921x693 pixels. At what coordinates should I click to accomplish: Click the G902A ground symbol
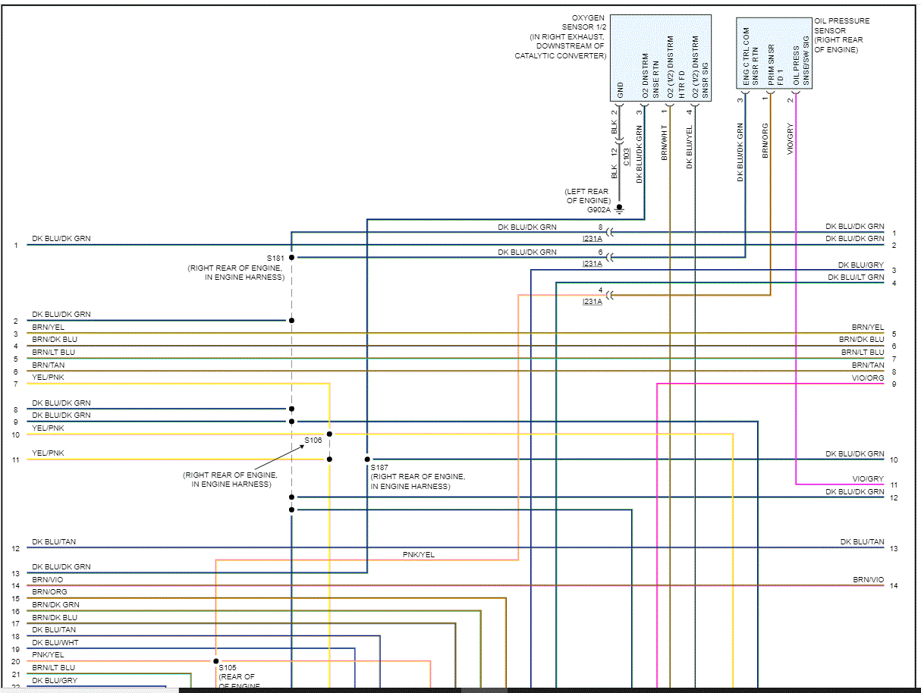(619, 208)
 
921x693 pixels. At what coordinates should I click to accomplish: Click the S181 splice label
(275, 258)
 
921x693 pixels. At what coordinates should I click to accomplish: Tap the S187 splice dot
(367, 459)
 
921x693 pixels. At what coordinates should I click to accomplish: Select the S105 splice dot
(215, 661)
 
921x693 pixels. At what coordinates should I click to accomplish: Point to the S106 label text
(313, 440)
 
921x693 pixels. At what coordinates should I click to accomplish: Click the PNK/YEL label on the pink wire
(418, 555)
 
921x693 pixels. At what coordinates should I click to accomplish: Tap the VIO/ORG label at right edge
(868, 378)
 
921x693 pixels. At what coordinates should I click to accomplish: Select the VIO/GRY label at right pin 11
(868, 479)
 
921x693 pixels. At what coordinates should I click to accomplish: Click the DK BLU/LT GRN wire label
(856, 278)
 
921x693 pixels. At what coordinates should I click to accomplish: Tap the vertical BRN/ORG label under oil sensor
(765, 140)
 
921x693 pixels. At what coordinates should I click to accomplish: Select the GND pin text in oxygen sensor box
(620, 89)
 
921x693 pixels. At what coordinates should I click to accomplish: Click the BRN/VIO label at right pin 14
(868, 580)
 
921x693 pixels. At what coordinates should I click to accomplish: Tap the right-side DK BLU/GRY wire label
(860, 265)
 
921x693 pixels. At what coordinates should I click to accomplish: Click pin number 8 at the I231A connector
(600, 227)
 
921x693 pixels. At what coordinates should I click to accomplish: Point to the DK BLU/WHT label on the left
(55, 643)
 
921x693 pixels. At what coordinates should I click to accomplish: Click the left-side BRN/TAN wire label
(49, 365)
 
